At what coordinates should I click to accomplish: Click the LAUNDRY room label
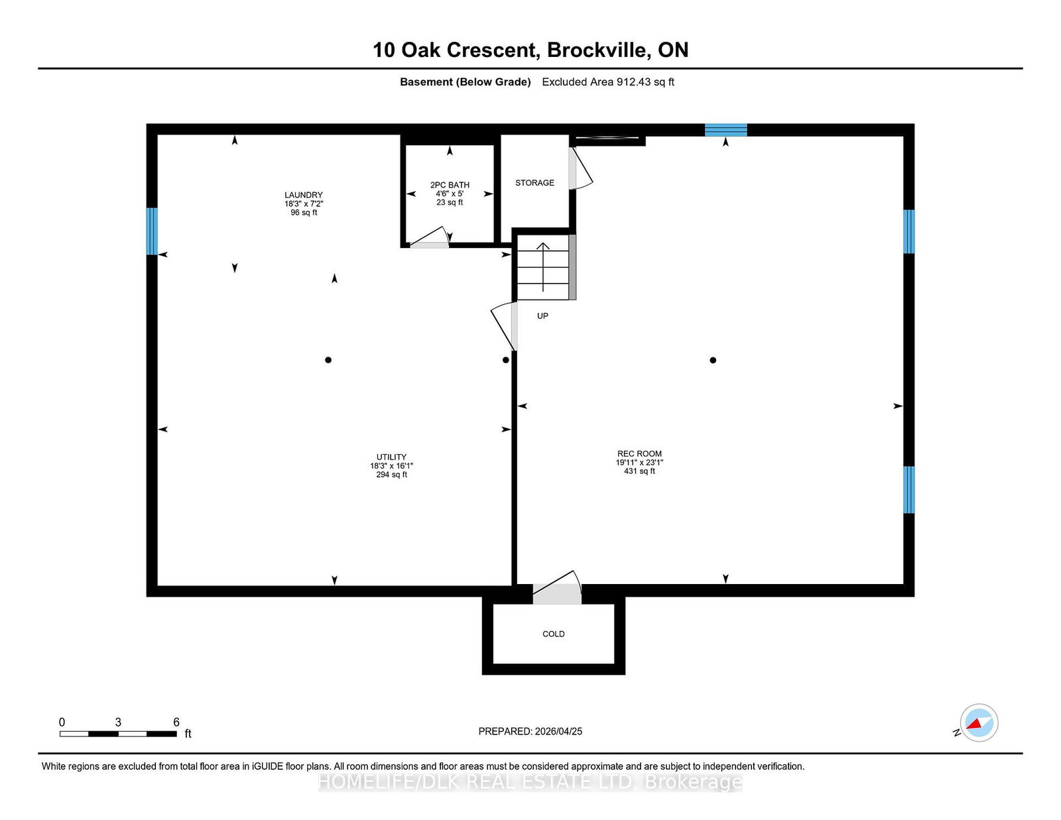[303, 195]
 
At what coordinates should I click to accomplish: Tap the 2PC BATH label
[449, 185]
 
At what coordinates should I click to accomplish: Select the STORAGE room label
[534, 182]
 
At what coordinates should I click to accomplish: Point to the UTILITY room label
[391, 457]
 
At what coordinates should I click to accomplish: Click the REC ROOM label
[639, 453]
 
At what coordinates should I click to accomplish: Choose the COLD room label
[553, 634]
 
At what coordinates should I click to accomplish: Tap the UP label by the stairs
[542, 316]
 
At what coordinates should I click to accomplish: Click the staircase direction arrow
[543, 267]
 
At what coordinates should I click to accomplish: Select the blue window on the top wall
[725, 130]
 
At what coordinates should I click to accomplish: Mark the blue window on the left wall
[152, 231]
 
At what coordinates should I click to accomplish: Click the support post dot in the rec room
[713, 360]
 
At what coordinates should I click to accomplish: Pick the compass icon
[979, 723]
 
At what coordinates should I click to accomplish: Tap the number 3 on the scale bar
[117, 722]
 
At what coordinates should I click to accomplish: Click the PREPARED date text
[530, 731]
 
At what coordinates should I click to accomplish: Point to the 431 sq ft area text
[639, 471]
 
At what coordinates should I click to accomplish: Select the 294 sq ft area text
[391, 475]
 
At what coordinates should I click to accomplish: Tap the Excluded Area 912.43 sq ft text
[608, 82]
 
